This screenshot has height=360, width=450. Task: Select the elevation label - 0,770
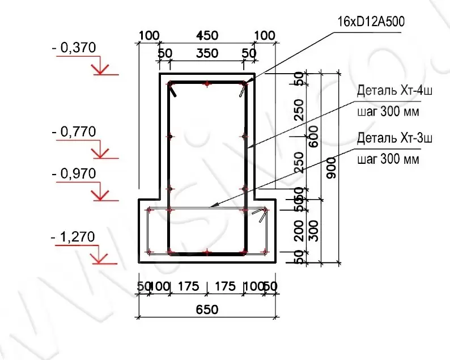coord(74,133)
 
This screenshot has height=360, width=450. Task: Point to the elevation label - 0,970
coord(74,173)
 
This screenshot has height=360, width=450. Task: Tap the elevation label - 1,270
coord(74,236)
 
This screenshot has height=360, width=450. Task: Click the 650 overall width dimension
coord(207,310)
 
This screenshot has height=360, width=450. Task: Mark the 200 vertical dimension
coord(299,231)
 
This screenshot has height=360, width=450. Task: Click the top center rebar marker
coord(207,83)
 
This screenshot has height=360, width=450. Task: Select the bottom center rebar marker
coord(207,251)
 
